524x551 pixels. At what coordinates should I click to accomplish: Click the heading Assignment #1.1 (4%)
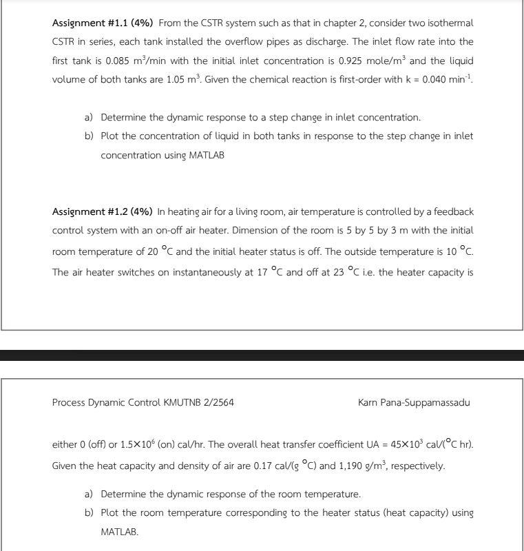pos(103,23)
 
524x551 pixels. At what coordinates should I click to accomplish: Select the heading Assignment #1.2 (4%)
pos(103,211)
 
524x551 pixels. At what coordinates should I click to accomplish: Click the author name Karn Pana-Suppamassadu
pos(414,402)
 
